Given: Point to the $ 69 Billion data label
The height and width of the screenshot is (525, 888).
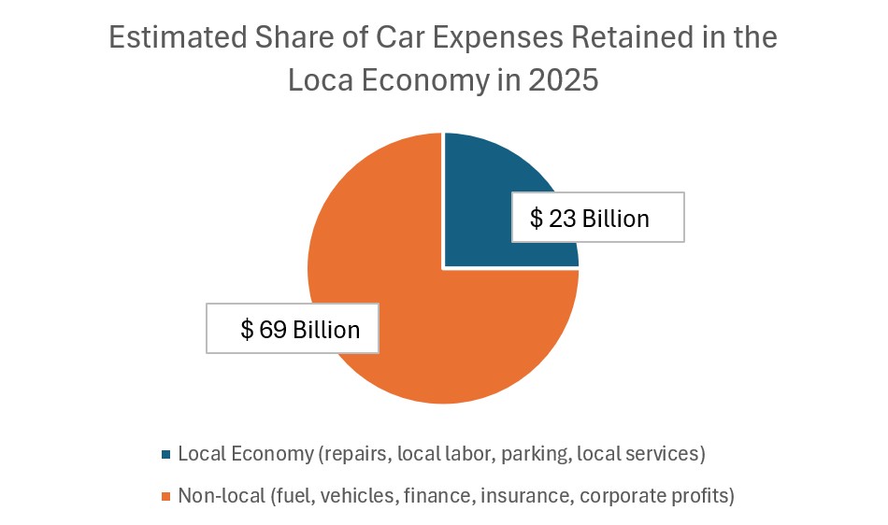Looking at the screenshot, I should (x=293, y=329).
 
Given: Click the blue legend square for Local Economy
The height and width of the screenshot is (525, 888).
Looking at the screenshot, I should (x=166, y=455).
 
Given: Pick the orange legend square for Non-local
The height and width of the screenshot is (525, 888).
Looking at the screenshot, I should (x=166, y=496).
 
